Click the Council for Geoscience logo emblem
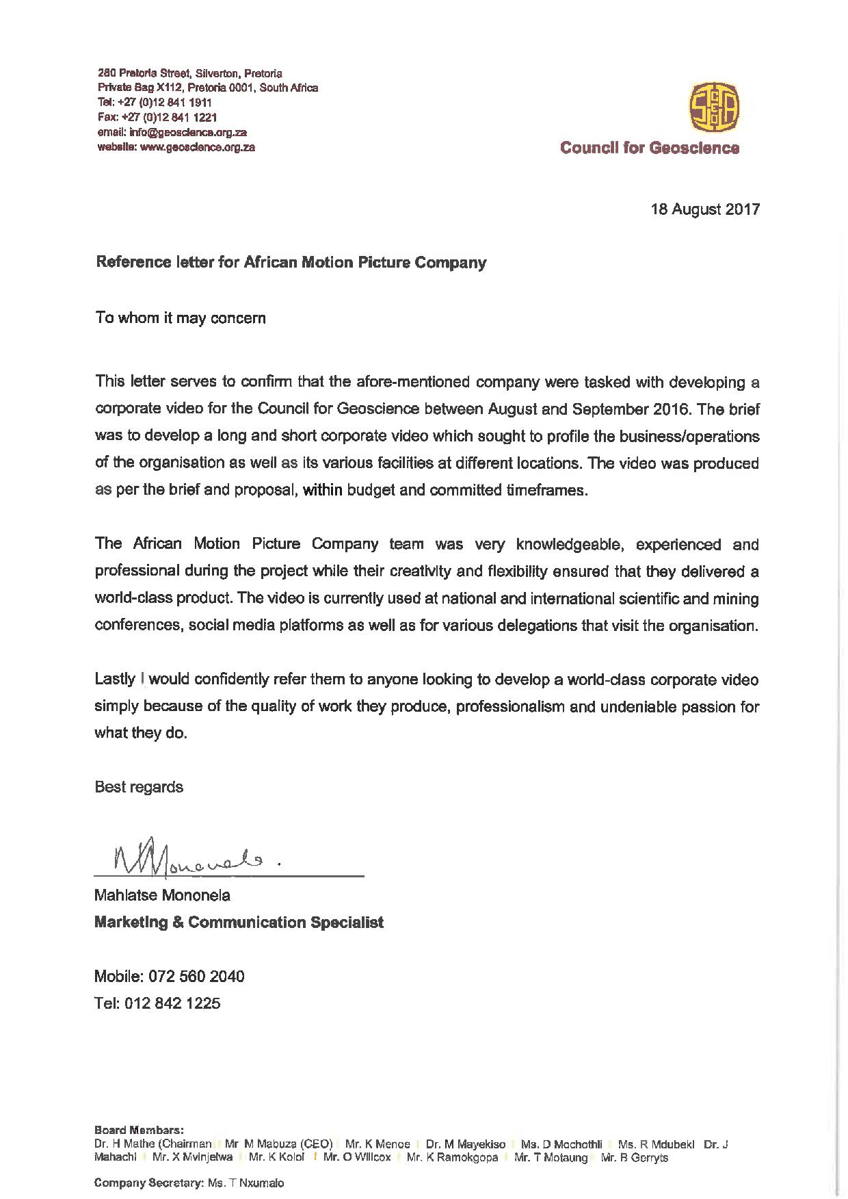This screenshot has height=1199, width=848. pyautogui.click(x=714, y=107)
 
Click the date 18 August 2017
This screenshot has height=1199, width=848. pyautogui.click(x=705, y=209)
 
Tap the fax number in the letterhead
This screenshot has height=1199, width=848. pyautogui.click(x=157, y=117)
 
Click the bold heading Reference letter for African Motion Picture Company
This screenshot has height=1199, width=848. pyautogui.click(x=291, y=263)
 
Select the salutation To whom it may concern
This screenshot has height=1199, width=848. pyautogui.click(x=181, y=318)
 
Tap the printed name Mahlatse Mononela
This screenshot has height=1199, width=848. pyautogui.click(x=162, y=895)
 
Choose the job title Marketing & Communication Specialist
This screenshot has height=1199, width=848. pyautogui.click(x=239, y=923)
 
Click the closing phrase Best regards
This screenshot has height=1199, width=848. pyautogui.click(x=139, y=787)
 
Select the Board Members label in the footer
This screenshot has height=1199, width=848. pyautogui.click(x=139, y=1130)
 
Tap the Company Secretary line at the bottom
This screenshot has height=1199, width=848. pyautogui.click(x=189, y=1183)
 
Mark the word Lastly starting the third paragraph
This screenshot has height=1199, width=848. pyautogui.click(x=116, y=680)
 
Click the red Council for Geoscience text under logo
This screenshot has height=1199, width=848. pyautogui.click(x=650, y=148)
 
